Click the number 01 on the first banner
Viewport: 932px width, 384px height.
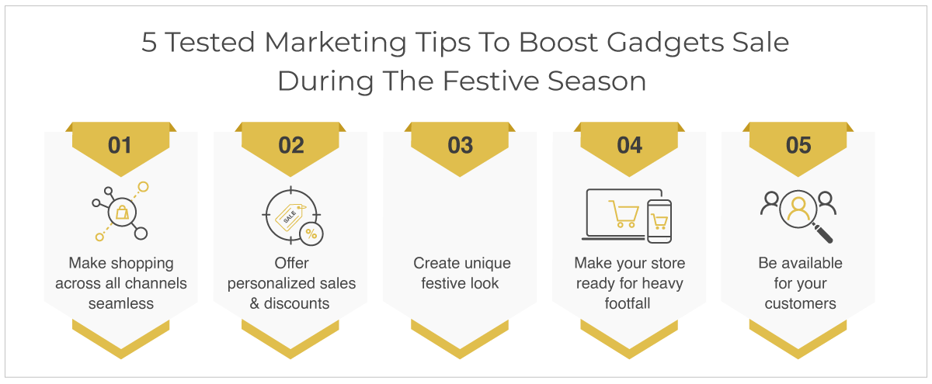[120, 146]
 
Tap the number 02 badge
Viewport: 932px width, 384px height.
[291, 146]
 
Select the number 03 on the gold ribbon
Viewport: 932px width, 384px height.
[460, 146]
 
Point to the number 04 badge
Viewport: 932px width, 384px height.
[630, 146]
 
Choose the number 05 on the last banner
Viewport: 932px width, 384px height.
[798, 146]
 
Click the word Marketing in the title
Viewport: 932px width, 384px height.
[336, 43]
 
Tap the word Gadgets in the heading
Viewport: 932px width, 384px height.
[666, 43]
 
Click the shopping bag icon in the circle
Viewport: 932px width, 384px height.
[123, 213]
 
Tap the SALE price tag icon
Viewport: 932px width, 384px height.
[290, 216]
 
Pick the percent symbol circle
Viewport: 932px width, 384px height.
[311, 234]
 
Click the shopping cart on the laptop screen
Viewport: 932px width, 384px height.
[624, 213]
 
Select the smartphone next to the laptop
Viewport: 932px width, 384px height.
[659, 221]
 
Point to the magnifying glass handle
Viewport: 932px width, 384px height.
[822, 234]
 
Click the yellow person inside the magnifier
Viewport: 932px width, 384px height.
[798, 209]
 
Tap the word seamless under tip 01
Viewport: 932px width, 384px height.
[121, 304]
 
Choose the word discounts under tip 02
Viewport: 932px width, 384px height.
[297, 304]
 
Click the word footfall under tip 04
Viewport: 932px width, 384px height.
[628, 304]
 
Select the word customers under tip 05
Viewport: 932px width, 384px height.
[800, 304]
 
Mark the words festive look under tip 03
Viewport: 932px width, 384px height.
[460, 283]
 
